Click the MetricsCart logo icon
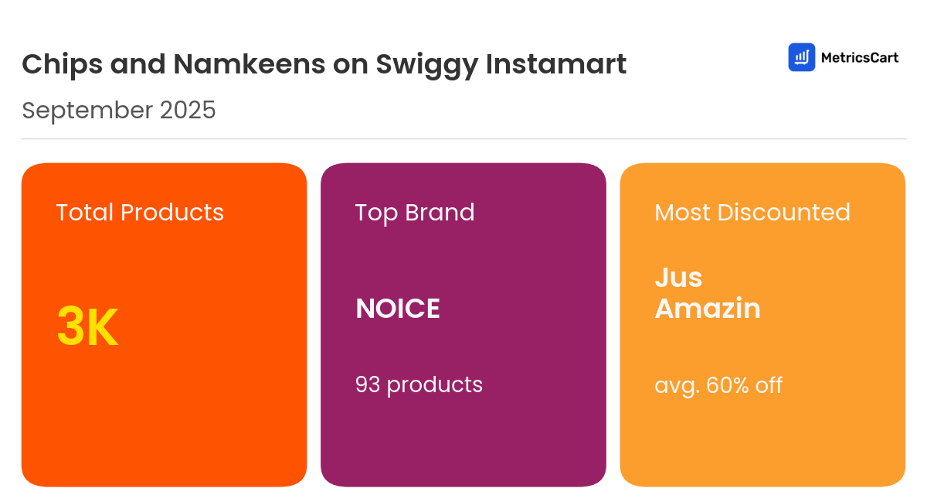[802, 57]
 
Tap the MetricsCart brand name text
[859, 57]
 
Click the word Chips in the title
[62, 64]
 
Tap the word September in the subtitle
[87, 111]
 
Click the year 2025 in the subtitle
[188, 111]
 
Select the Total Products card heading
[140, 212]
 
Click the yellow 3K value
[87, 328]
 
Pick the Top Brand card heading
[415, 212]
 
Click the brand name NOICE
[398, 309]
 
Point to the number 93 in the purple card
[368, 384]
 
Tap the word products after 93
[435, 384]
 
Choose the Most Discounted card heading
[752, 212]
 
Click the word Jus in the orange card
[678, 277]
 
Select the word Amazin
[708, 309]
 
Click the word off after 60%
[769, 384]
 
